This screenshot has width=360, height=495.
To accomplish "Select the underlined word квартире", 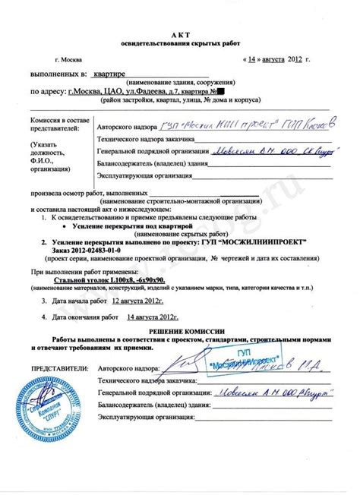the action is [107, 77].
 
